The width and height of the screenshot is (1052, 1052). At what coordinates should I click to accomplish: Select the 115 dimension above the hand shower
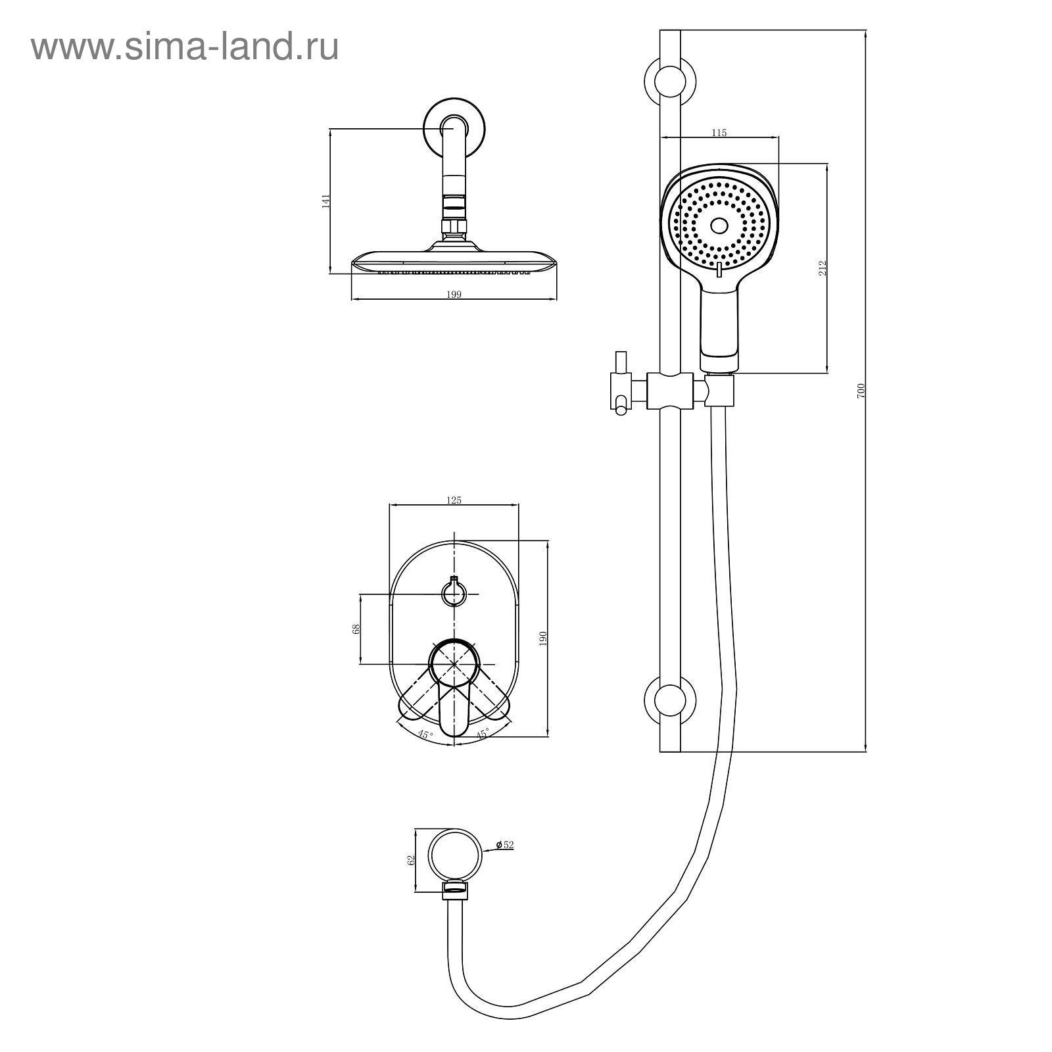tap(719, 133)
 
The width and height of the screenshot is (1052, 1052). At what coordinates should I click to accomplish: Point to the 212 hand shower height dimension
tap(823, 268)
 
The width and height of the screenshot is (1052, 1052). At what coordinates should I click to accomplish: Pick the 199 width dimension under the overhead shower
tap(454, 295)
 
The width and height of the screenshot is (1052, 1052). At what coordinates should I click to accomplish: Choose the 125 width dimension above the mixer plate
tap(454, 500)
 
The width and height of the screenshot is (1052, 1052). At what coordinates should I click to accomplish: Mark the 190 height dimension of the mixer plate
tap(543, 638)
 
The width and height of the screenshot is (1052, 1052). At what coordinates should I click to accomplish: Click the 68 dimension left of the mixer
tap(356, 629)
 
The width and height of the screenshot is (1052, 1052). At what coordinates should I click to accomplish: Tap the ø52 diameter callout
tap(504, 845)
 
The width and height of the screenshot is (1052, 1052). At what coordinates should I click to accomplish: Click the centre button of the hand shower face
tap(719, 226)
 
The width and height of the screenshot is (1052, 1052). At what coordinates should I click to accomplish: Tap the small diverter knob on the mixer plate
tap(452, 594)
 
